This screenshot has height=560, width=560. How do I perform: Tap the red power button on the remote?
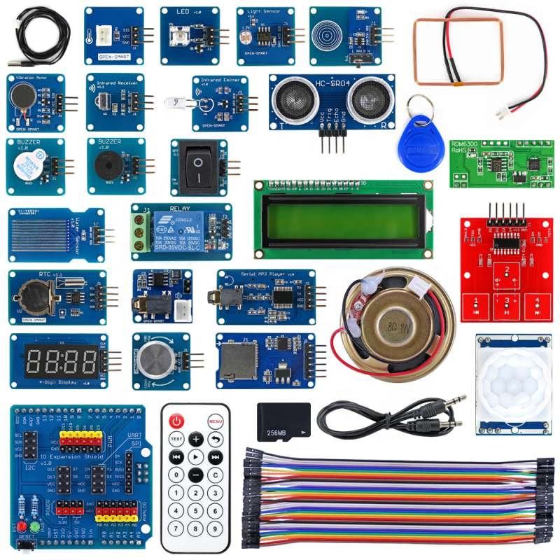176,421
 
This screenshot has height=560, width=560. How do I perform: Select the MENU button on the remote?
216,422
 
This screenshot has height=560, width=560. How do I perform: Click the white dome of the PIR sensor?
514,381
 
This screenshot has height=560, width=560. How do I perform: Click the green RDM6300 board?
500,163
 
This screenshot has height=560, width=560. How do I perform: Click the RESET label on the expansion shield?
26,544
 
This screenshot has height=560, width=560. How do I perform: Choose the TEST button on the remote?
176,440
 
